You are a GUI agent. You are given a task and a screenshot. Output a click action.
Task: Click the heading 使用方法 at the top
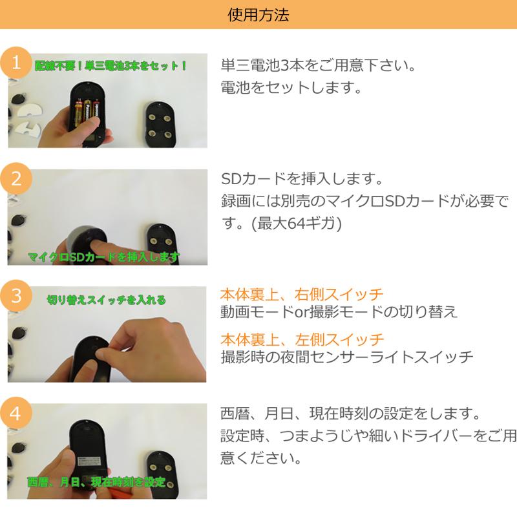point(258,14)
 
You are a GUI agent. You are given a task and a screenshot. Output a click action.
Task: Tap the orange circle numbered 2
point(16,179)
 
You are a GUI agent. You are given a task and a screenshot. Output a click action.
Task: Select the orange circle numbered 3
point(16,296)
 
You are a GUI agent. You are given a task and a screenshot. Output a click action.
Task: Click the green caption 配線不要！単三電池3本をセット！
point(111,66)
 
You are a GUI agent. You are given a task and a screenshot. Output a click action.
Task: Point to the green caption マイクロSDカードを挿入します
point(103,257)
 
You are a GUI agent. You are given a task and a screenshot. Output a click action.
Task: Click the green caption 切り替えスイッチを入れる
point(106,300)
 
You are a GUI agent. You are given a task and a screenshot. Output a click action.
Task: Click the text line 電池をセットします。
point(291,88)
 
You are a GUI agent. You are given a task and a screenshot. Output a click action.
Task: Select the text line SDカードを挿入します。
point(302,178)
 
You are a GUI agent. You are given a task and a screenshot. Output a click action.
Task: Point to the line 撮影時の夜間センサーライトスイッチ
point(347,357)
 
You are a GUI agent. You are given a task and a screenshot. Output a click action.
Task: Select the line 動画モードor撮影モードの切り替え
point(339,312)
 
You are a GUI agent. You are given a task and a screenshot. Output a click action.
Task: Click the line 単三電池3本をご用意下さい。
point(317,66)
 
